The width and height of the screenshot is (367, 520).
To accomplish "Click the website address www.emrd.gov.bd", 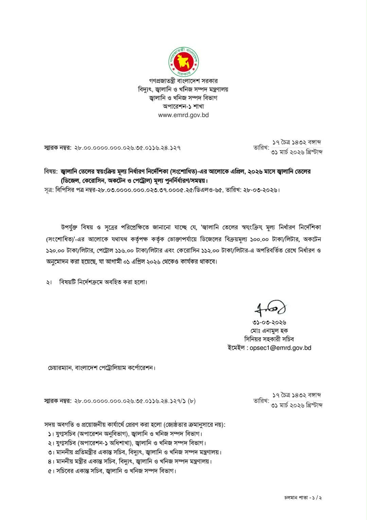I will click(x=183, y=115).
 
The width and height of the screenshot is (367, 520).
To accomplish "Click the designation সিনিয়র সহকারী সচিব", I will click(x=269, y=339).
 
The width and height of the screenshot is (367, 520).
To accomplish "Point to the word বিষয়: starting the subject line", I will click(x=51, y=172).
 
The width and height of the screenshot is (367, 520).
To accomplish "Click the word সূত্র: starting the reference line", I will click(x=49, y=190).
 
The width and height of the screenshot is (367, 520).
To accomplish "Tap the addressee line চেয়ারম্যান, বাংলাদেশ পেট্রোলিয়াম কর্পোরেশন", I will click(x=101, y=368).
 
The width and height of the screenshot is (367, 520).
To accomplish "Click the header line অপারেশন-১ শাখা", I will click(x=183, y=106).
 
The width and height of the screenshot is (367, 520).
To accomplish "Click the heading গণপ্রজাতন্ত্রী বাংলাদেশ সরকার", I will click(x=183, y=81).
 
